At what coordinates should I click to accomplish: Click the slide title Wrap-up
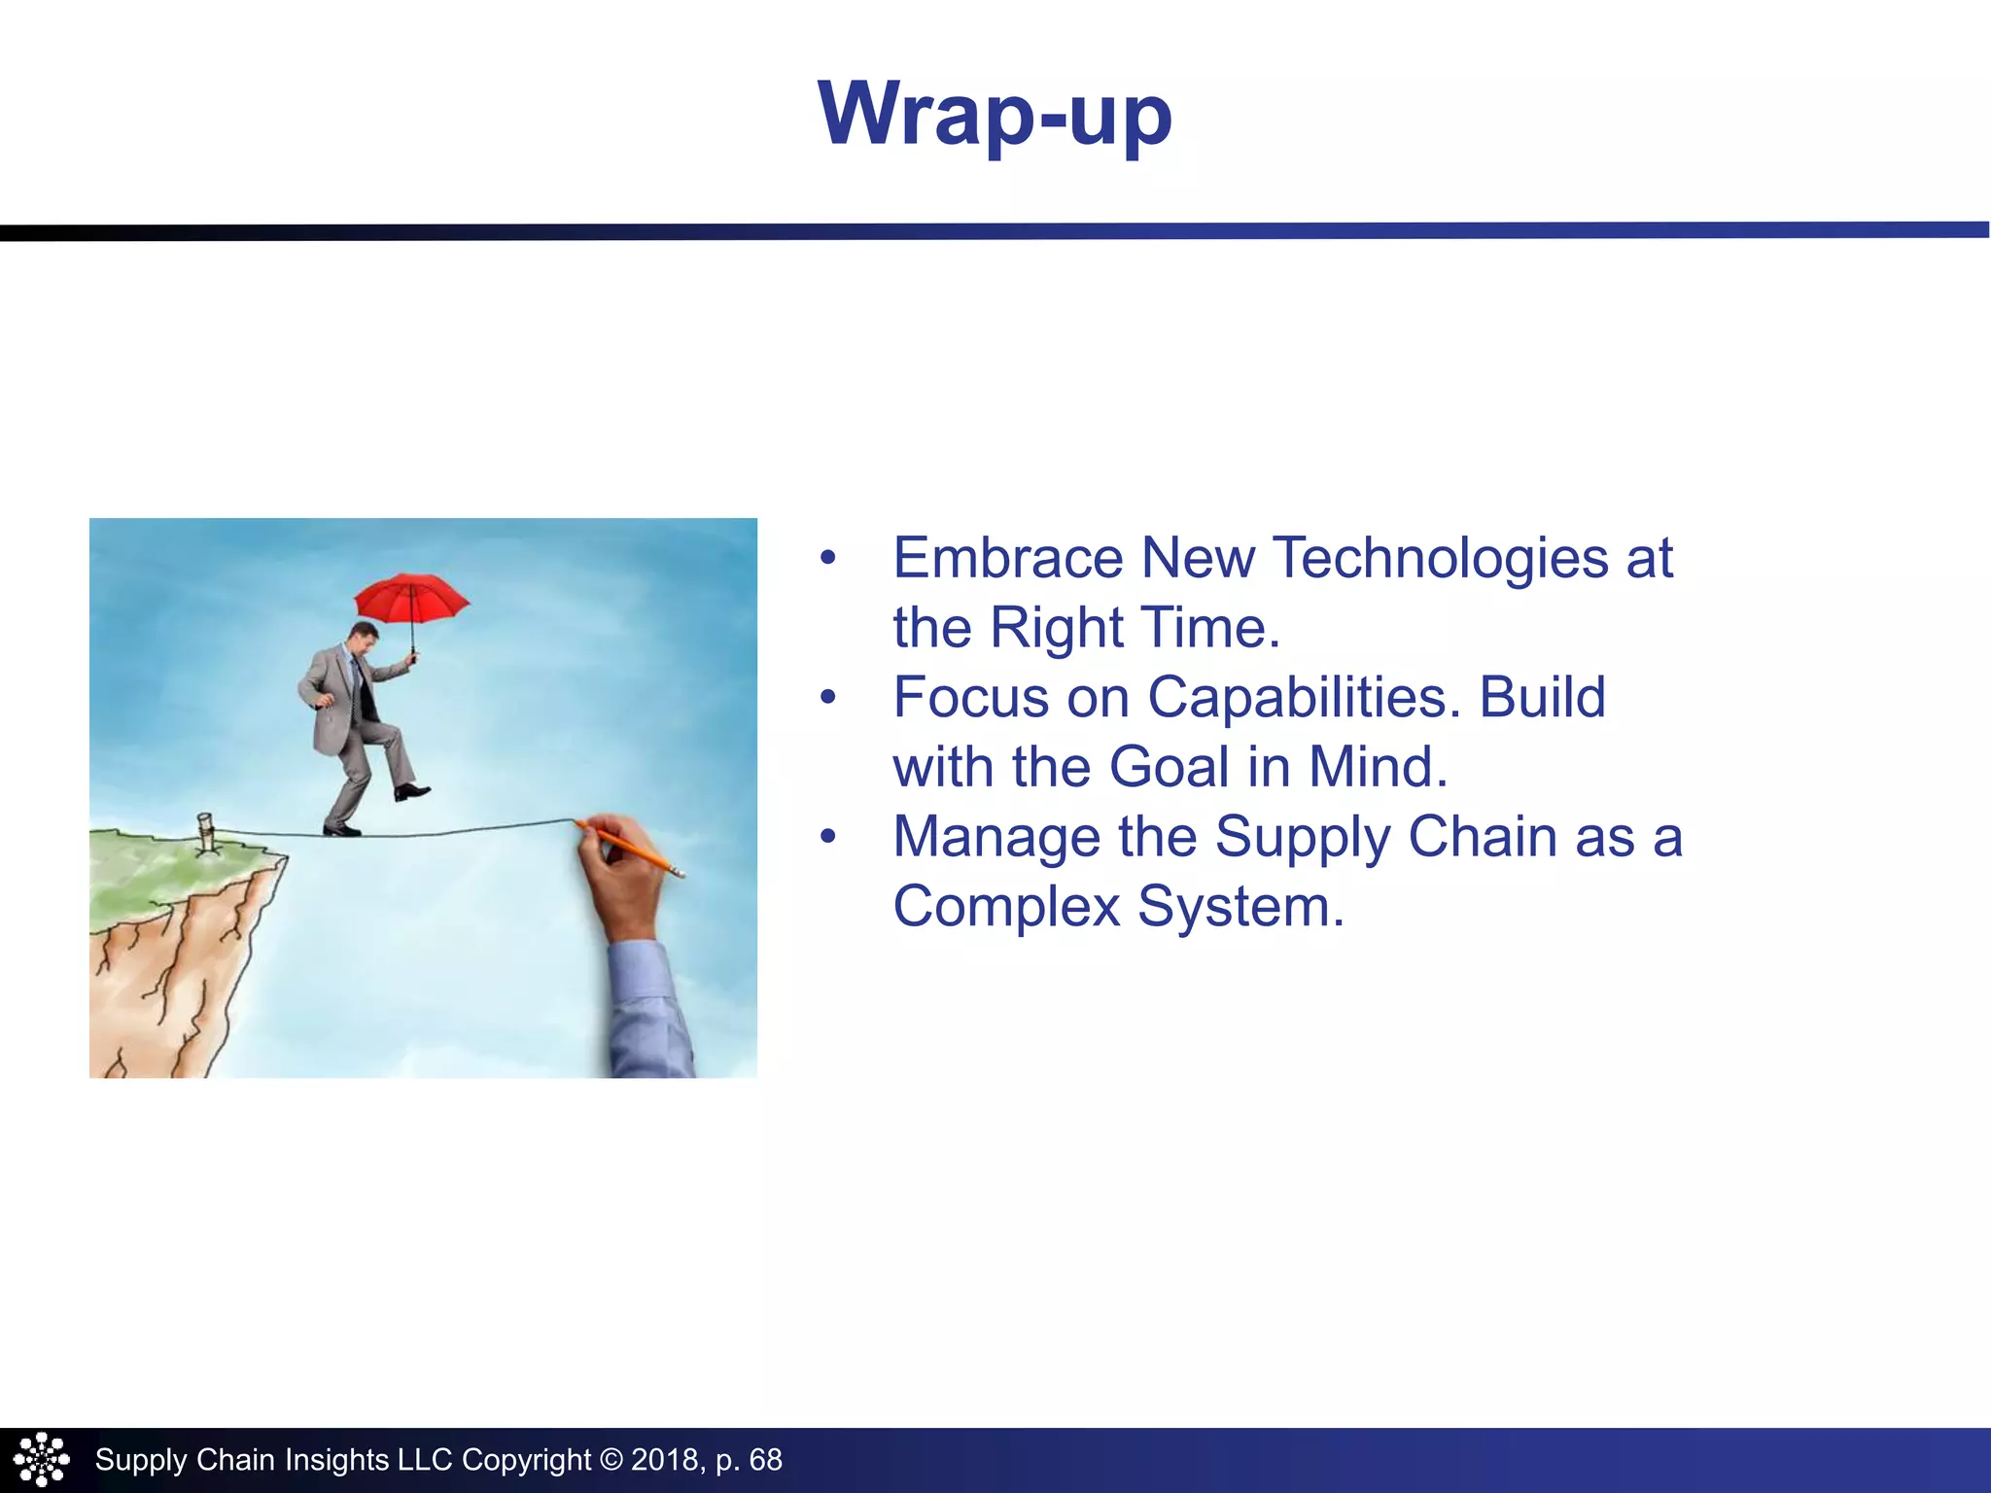coord(995,115)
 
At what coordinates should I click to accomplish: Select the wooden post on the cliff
coord(206,832)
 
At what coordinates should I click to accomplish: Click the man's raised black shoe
coord(412,791)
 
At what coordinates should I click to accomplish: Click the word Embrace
coord(1007,558)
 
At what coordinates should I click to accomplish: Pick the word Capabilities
coord(1304,697)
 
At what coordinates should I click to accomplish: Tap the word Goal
coord(1169,767)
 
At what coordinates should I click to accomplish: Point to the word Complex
coord(1006,907)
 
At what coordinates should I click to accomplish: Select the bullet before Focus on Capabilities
coord(827,697)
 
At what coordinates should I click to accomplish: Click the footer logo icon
coord(41,1459)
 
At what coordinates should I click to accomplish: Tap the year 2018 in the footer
coord(664,1460)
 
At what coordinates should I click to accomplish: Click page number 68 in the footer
coord(765,1460)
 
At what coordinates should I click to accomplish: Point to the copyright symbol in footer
coord(611,1460)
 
